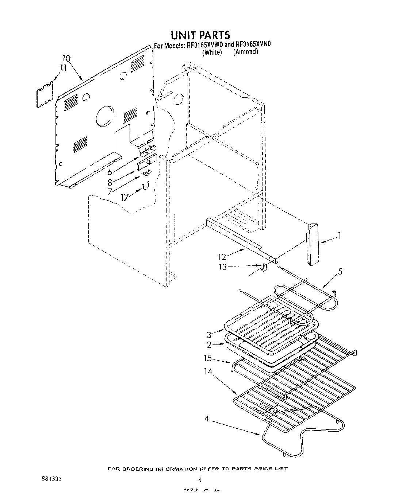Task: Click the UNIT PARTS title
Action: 200,35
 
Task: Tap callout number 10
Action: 66,58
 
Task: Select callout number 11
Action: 63,67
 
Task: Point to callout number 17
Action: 125,198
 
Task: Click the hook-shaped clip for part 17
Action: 146,186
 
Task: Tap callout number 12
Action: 222,257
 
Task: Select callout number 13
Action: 222,267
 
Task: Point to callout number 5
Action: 340,272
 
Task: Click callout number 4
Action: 207,419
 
